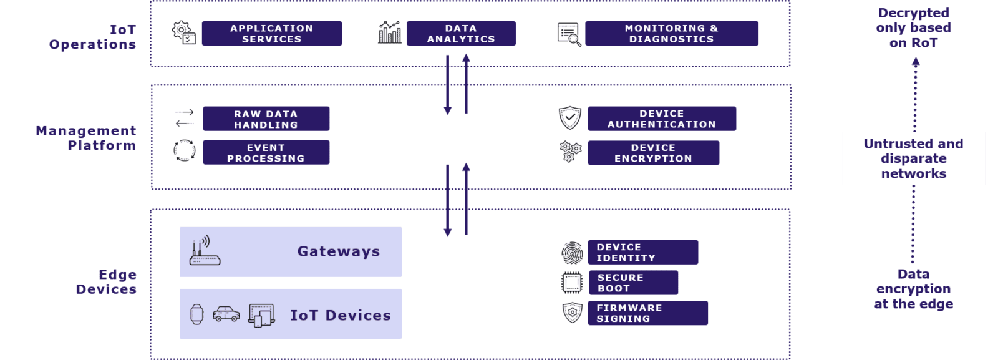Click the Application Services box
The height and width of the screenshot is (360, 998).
click(271, 34)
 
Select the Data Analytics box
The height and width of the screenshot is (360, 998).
click(461, 34)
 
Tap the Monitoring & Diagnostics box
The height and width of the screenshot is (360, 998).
click(671, 34)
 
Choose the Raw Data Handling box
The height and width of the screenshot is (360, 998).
click(266, 119)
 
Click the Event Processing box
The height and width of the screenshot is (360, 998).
click(266, 153)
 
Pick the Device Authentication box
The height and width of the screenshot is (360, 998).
click(662, 119)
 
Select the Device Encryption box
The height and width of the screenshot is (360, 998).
click(653, 153)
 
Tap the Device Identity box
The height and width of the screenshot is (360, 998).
click(642, 253)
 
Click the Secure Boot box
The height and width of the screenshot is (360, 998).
click(633, 283)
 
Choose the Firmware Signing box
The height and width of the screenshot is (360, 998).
click(647, 313)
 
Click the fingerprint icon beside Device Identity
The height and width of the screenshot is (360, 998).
click(572, 253)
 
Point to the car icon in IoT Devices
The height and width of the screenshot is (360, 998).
click(226, 314)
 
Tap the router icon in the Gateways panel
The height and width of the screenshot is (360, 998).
click(204, 251)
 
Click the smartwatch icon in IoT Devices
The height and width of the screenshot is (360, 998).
click(196, 314)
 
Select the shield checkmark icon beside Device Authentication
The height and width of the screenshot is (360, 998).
click(569, 117)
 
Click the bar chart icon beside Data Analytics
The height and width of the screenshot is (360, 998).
click(390, 32)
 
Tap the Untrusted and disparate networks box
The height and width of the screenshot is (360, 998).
click(913, 158)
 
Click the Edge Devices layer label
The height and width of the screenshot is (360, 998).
click(106, 282)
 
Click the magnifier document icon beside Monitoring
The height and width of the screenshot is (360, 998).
click(569, 34)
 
